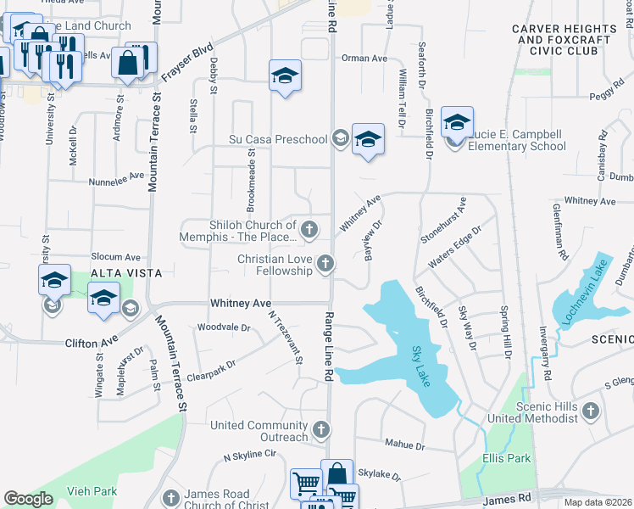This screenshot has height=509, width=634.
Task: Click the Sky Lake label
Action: point(422,366)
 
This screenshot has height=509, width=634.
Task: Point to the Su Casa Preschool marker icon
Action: point(341,139)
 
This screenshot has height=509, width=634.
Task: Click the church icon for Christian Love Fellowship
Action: point(324,265)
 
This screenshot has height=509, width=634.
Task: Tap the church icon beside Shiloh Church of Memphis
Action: point(310,229)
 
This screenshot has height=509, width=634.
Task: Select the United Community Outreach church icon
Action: point(320,431)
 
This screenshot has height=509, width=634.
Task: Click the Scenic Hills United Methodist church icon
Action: point(591,411)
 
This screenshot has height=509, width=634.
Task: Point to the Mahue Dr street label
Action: point(403,445)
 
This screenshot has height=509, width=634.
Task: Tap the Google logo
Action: point(28,499)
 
